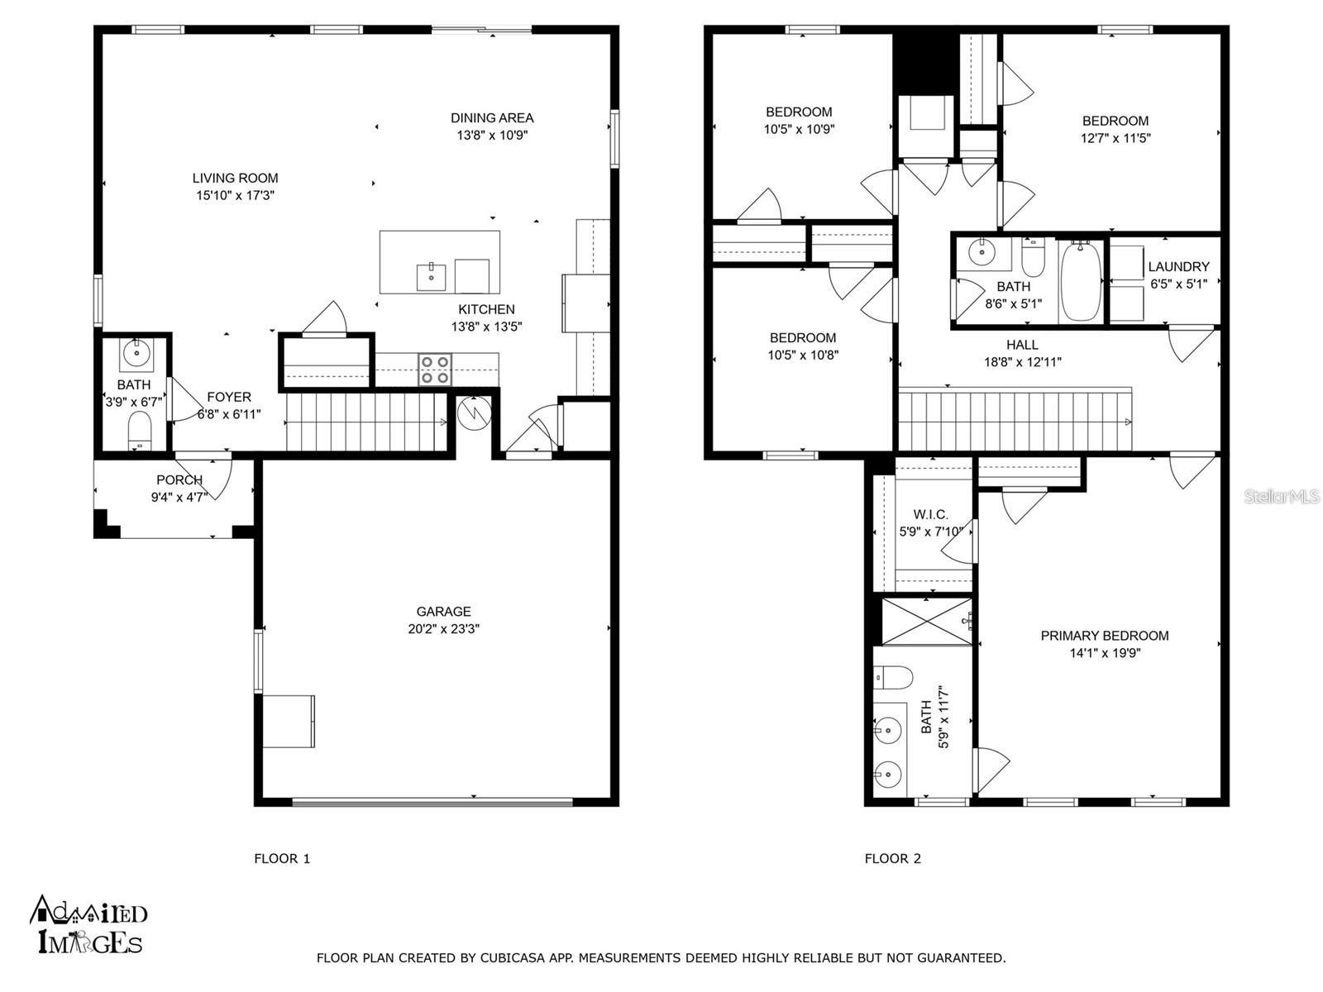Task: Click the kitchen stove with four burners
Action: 435,370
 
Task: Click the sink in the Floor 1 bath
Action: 135,355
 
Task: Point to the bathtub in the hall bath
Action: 1081,281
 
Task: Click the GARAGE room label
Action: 443,612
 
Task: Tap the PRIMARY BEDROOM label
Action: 1104,636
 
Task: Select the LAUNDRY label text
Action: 1177,267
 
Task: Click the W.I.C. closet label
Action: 930,514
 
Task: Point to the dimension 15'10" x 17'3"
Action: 235,196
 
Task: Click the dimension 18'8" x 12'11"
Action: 1022,362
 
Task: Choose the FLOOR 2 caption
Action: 892,859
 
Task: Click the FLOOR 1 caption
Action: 282,859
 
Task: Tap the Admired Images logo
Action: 88,925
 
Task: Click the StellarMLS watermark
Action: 1282,497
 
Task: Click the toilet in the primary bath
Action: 893,678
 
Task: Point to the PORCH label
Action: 179,480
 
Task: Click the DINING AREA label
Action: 492,118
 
